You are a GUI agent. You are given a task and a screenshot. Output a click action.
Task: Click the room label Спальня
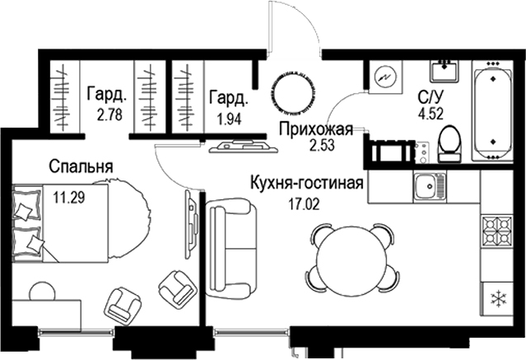pos(80,166)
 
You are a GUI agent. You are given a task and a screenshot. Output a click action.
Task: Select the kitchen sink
pos(426,188)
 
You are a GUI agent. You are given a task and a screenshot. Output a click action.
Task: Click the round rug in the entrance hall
pos(292,86)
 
